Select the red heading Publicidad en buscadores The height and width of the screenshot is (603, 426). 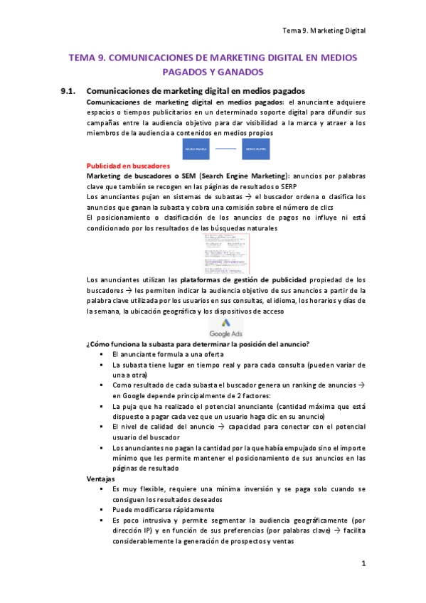[128, 165]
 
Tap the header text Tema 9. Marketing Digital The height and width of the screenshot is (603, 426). [324, 31]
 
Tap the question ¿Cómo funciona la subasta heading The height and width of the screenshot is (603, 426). [197, 344]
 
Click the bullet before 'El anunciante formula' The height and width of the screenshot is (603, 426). [103, 354]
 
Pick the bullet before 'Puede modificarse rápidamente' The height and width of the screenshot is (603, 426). [103, 510]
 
